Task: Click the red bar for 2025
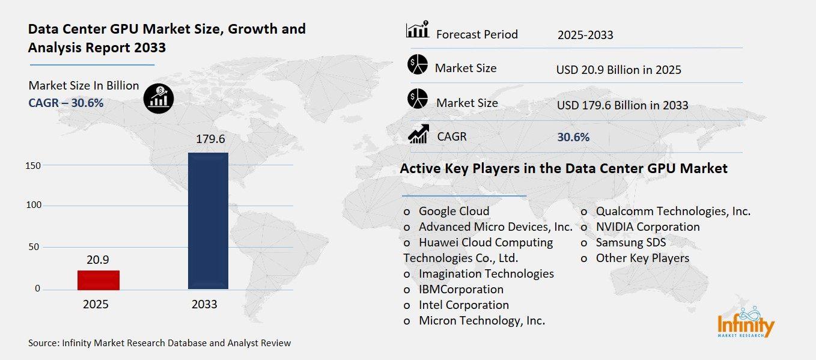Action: (x=99, y=280)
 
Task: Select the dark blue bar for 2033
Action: (x=208, y=221)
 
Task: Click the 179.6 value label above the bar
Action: (x=210, y=139)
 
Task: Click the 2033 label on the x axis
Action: (x=204, y=305)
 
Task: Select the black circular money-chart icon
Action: (x=159, y=98)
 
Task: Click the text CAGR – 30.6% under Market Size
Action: (x=66, y=103)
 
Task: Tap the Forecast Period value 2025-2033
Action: (x=585, y=35)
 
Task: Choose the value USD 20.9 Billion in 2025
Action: (x=618, y=70)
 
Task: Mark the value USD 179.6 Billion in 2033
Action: (x=622, y=105)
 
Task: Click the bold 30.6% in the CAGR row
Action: (x=573, y=137)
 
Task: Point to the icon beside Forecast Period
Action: (x=418, y=30)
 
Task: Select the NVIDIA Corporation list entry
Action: (x=647, y=227)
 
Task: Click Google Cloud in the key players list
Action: (x=454, y=211)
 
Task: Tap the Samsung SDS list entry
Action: (x=630, y=243)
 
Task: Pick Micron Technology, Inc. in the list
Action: (x=481, y=321)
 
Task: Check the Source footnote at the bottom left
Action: (x=159, y=343)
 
